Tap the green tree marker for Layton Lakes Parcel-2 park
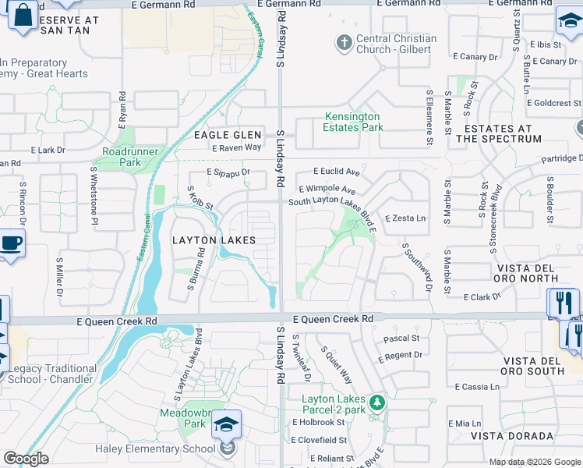click(377, 402)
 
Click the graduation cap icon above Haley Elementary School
click(226, 424)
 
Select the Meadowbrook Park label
click(182, 418)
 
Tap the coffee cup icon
click(11, 243)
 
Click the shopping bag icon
click(23, 16)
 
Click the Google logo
click(26, 459)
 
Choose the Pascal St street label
click(401, 339)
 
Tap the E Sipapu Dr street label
click(228, 172)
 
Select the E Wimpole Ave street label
click(327, 190)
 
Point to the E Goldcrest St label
click(553, 103)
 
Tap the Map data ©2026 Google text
click(534, 461)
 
